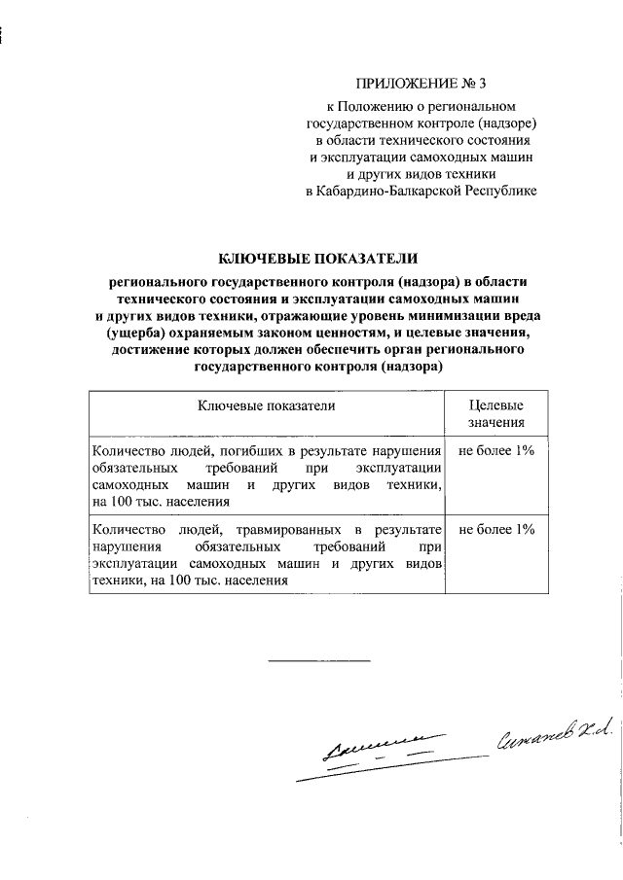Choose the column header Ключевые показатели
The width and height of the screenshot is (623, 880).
point(267,405)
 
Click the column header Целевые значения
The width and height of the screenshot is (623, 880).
point(496,414)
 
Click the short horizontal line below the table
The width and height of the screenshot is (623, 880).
point(318,661)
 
